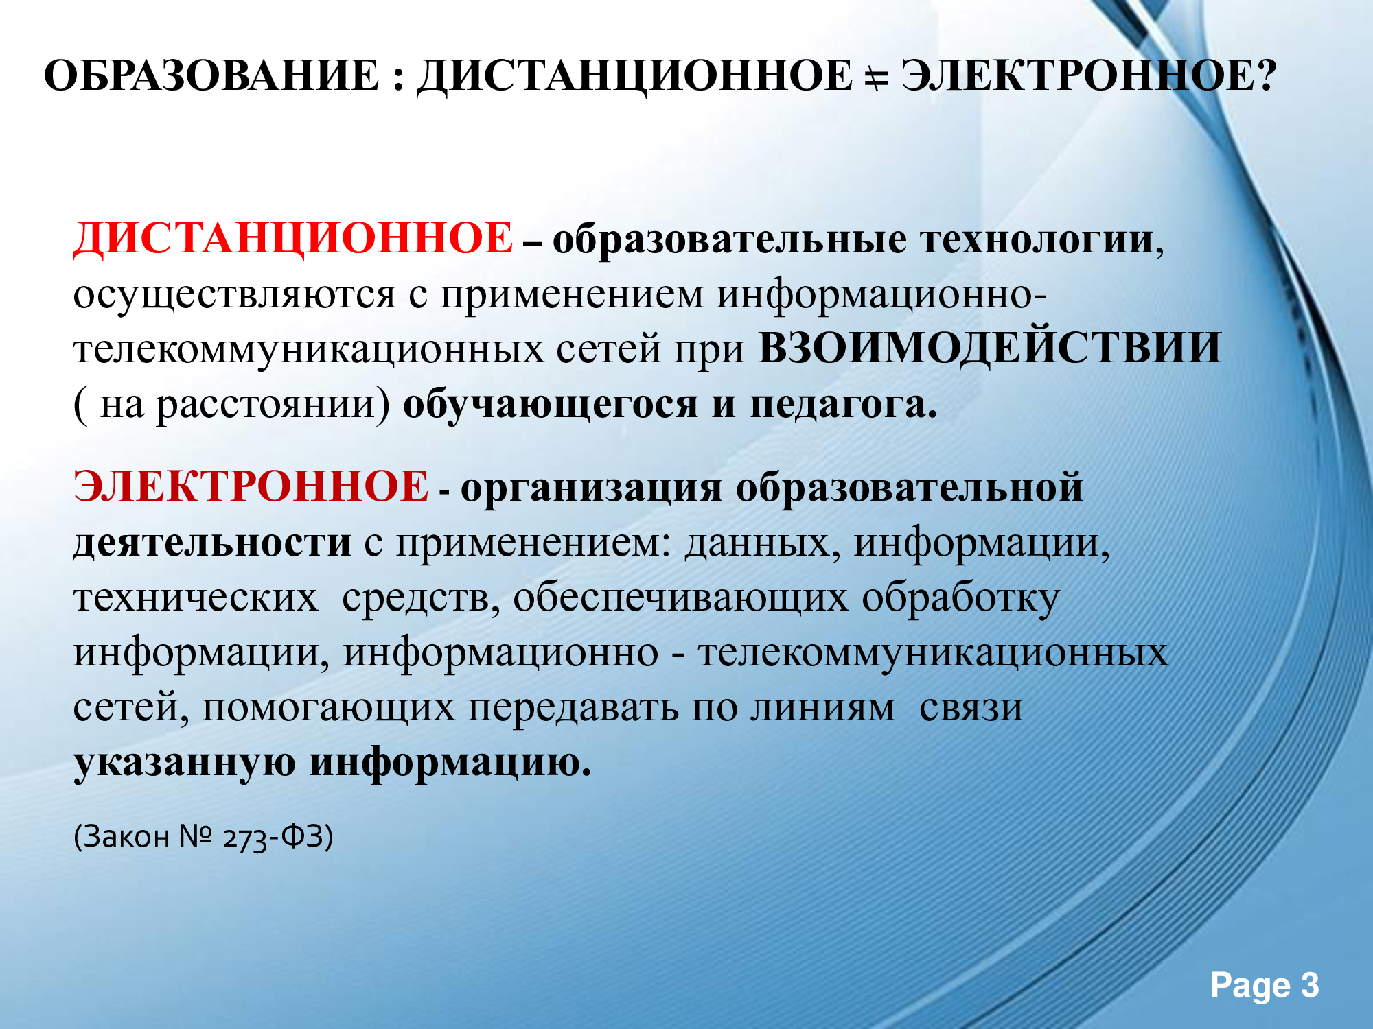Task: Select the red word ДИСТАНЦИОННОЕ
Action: click(x=293, y=239)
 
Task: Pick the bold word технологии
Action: click(x=1037, y=240)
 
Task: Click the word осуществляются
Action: click(x=235, y=296)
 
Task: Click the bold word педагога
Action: click(x=844, y=405)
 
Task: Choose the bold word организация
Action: click(x=591, y=488)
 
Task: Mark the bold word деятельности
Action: click(x=212, y=542)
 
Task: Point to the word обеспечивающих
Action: click(x=680, y=598)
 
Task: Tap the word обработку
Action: click(x=961, y=598)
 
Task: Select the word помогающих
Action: click(x=328, y=708)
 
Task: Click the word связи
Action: click(x=971, y=708)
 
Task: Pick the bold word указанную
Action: click(x=185, y=763)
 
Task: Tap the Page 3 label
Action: click(x=1265, y=986)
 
